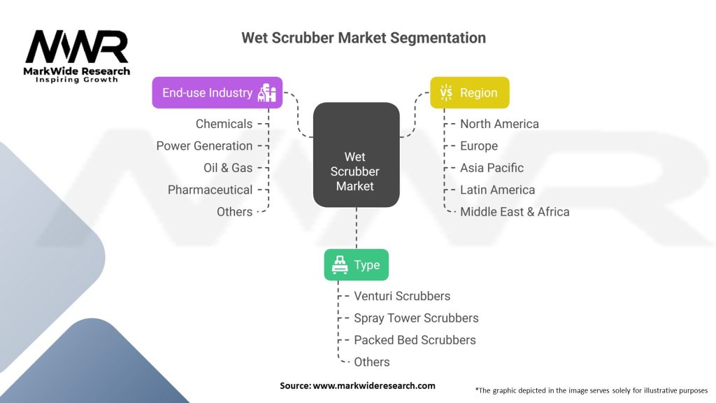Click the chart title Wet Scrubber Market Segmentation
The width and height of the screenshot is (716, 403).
[x=363, y=37]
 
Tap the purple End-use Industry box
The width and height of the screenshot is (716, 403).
[x=217, y=92]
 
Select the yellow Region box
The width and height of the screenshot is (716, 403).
[x=469, y=92]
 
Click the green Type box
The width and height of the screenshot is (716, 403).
[x=356, y=264]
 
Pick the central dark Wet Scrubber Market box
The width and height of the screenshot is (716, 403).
[x=356, y=155]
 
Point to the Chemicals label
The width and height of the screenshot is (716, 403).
[x=224, y=124]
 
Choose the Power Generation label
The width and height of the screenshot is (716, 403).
[x=204, y=146]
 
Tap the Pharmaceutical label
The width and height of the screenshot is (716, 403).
[x=210, y=190]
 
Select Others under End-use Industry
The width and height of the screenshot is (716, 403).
[x=234, y=211]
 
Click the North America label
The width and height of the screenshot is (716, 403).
[x=499, y=124]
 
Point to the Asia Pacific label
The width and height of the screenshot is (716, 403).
[x=492, y=168]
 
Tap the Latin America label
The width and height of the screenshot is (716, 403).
[x=497, y=190]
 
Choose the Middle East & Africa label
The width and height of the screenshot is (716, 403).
[x=515, y=211]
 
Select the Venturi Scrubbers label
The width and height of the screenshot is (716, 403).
[x=402, y=296]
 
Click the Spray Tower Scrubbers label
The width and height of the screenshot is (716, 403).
[x=416, y=318]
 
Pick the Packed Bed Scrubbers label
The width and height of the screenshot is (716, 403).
[x=415, y=340]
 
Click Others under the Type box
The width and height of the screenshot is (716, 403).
[x=371, y=362]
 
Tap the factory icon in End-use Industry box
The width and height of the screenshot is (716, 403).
[x=268, y=92]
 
